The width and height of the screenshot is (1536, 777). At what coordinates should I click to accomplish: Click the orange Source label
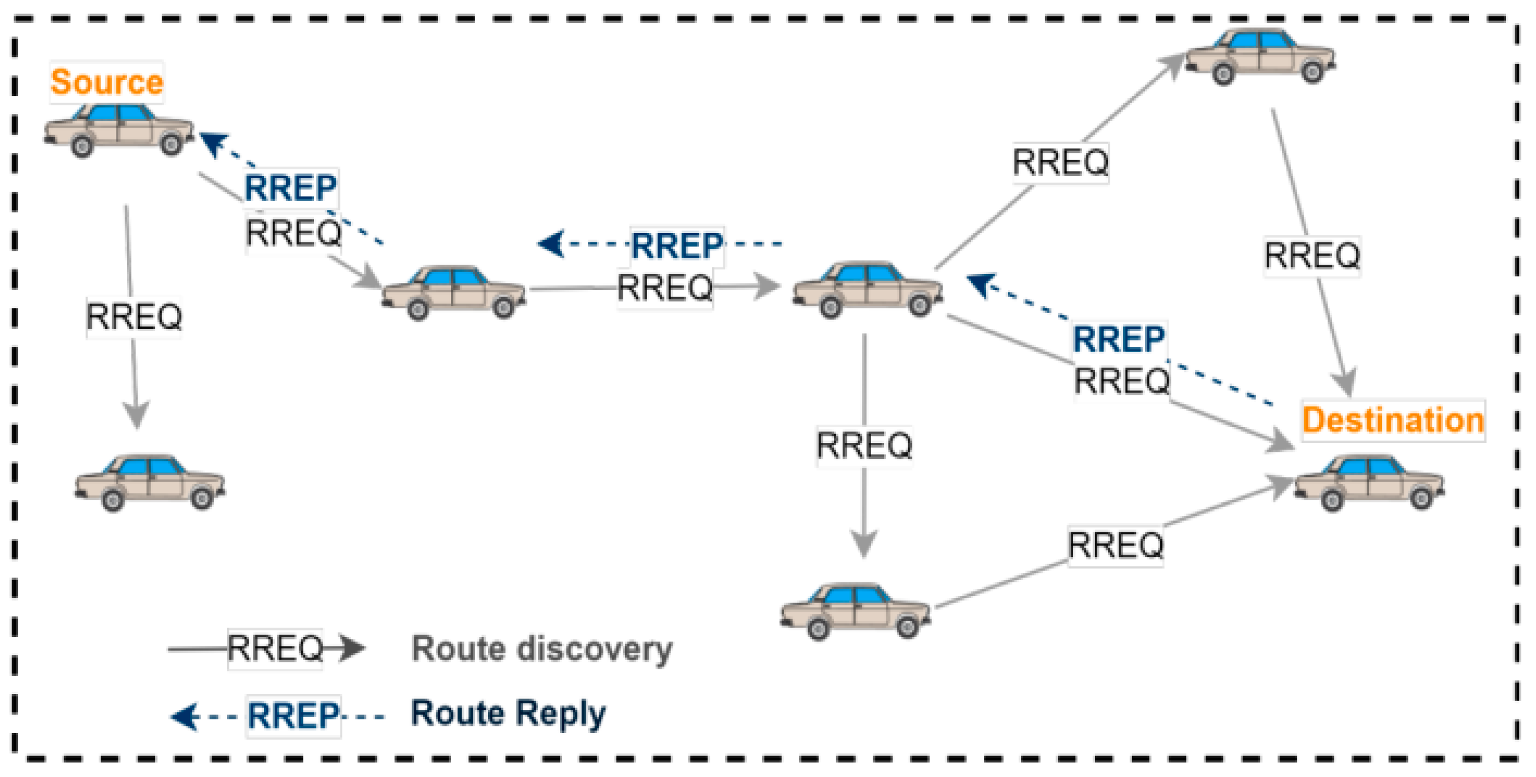coord(106,82)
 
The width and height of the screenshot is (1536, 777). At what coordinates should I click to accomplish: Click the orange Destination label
coord(1393,421)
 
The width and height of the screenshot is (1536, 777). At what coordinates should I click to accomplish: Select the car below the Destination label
coord(1368,483)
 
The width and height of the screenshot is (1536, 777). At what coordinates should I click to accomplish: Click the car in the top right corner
coord(1260,55)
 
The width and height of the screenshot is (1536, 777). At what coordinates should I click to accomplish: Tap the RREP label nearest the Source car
coord(290,188)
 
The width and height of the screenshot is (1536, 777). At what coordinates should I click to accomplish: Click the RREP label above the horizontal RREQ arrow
coord(677,246)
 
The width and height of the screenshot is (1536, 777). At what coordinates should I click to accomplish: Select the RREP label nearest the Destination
coord(1118,339)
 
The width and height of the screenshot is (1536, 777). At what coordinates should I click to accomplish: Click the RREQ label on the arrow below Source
coord(134,316)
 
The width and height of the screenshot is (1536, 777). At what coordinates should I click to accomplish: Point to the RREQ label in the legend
coord(275,648)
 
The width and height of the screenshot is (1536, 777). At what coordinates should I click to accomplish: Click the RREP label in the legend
coord(293,716)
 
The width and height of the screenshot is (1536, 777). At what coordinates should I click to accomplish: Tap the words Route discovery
coord(542,648)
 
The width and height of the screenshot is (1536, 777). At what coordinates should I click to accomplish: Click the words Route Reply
coord(508,713)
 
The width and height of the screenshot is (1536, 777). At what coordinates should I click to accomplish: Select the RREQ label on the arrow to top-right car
coord(1060,162)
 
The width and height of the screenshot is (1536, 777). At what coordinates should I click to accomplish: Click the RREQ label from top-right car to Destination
coord(1312,256)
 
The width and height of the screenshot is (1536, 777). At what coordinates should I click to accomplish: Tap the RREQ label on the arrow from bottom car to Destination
coord(1115,545)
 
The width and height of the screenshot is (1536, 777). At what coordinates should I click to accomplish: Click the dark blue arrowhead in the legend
coord(184,716)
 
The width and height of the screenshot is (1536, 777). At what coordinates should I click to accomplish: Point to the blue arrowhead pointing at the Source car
coord(213,143)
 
